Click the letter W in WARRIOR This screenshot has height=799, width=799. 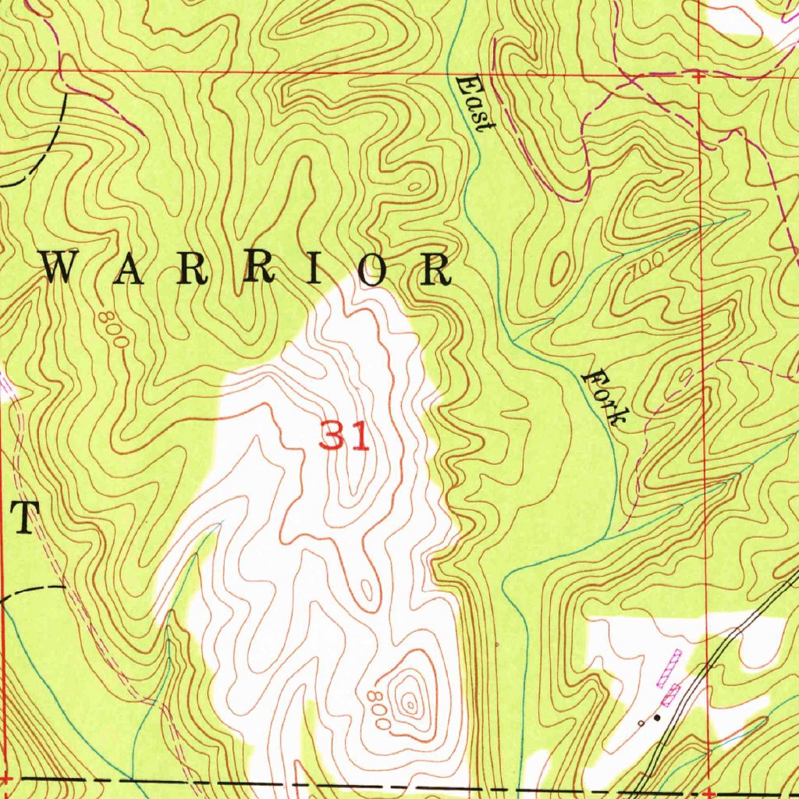pyautogui.click(x=62, y=268)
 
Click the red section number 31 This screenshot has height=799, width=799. pyautogui.click(x=343, y=436)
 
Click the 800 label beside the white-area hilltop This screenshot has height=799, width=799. pyautogui.click(x=378, y=708)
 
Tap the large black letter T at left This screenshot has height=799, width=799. pyautogui.click(x=27, y=518)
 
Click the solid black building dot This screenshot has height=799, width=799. pyautogui.click(x=657, y=717)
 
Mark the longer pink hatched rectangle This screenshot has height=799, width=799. pyautogui.click(x=669, y=668)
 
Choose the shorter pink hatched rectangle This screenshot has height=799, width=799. pyautogui.click(x=670, y=694)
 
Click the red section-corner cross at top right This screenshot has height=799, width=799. pyautogui.click(x=698, y=76)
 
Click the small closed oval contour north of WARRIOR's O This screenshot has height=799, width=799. pyautogui.click(x=414, y=186)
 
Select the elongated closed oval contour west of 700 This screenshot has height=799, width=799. pyautogui.click(x=559, y=269)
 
